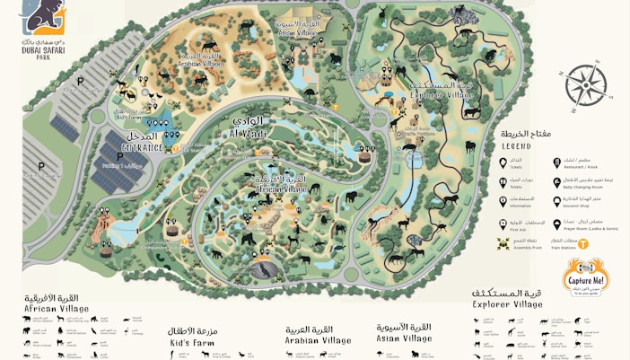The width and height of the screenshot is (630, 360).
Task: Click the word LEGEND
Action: click(x=516, y=146)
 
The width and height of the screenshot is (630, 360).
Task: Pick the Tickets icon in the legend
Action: click(x=502, y=162)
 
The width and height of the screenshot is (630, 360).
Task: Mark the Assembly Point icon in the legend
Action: click(x=502, y=242)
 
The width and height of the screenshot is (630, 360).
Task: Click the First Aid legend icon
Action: click(x=502, y=223)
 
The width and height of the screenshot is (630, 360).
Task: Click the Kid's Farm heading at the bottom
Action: click(x=191, y=343)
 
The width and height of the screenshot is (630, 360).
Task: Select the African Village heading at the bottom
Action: click(x=56, y=308)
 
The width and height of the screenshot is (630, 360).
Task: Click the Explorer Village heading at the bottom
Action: click(x=508, y=304)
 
